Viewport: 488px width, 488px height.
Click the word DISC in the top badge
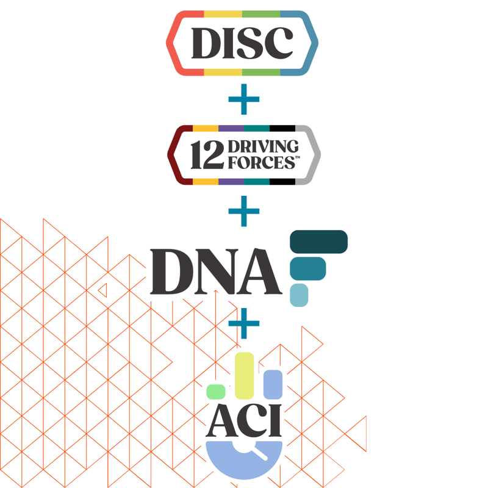242,43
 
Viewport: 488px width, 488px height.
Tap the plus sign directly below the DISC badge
243,99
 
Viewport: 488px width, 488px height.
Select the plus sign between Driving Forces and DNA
243,211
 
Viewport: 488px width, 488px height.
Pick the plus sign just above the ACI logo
243,323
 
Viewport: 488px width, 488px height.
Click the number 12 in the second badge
207,155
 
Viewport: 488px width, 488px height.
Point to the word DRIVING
263,146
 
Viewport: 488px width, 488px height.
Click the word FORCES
262,162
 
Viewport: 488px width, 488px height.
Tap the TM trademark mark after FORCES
298,157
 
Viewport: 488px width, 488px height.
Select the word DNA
216,271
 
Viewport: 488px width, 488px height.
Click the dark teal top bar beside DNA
318,242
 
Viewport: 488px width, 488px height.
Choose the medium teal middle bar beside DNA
308,268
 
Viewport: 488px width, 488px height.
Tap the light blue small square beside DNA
299,295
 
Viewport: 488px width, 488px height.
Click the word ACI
243,420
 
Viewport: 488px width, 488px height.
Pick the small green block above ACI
216,392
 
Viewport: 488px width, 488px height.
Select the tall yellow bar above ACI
245,376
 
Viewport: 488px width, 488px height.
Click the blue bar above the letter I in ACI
273,384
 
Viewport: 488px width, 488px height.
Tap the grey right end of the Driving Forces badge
311,155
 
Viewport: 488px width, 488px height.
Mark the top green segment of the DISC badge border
261,14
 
